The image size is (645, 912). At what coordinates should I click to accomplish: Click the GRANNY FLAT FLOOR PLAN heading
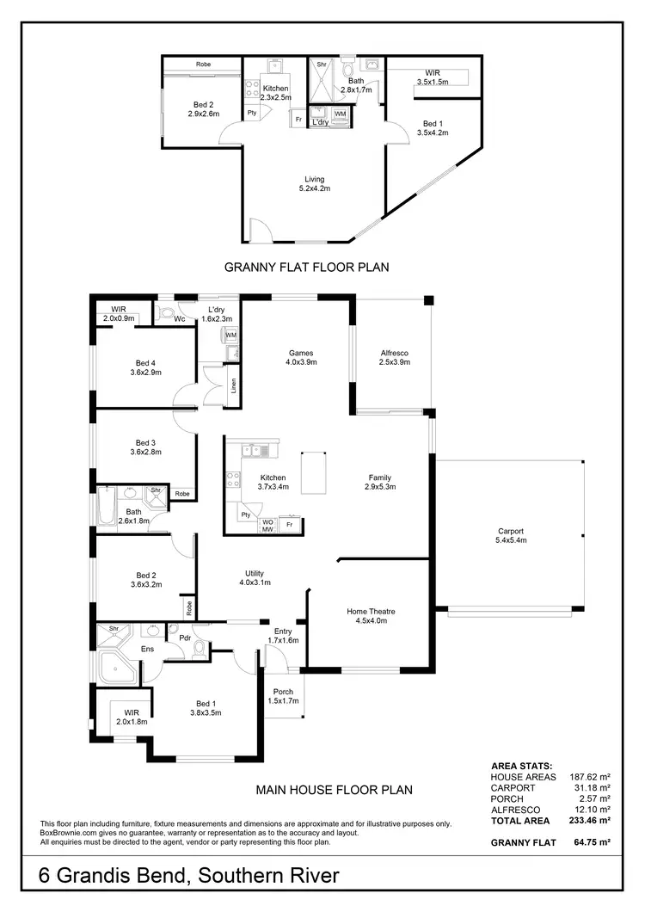click(x=306, y=268)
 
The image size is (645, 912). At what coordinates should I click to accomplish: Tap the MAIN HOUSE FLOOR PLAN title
click(x=335, y=789)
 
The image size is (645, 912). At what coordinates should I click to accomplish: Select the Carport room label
click(x=510, y=536)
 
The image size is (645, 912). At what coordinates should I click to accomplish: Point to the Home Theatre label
click(x=371, y=617)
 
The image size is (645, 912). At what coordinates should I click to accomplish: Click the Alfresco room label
click(x=394, y=358)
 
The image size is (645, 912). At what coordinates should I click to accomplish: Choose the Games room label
click(x=301, y=358)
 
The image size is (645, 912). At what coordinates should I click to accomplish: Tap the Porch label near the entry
click(x=282, y=696)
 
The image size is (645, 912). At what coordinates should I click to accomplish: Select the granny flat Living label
click(x=314, y=183)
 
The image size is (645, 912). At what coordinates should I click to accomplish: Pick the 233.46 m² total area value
click(x=592, y=822)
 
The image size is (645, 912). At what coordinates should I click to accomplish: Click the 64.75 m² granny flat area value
click(x=592, y=843)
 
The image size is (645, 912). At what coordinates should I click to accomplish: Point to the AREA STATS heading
click(x=521, y=765)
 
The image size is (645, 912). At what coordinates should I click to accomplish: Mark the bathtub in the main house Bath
click(x=106, y=508)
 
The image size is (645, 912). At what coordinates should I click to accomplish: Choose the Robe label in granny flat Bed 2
click(x=204, y=65)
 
